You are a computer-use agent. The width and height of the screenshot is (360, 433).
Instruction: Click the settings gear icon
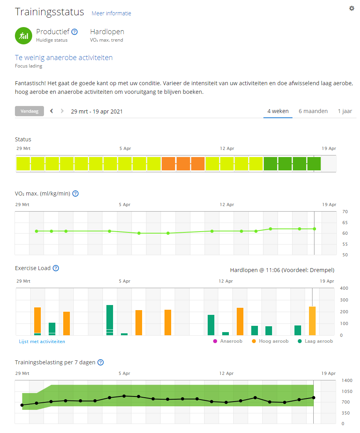[x=352, y=8]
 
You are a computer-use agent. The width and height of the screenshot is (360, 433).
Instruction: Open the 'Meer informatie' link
[x=111, y=13]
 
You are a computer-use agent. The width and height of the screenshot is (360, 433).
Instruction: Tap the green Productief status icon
[x=23, y=36]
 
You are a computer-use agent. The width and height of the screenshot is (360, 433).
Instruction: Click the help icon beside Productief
[x=74, y=32]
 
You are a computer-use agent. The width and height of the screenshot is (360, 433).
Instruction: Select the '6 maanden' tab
[x=313, y=111]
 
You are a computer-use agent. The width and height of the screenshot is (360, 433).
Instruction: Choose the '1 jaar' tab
[x=345, y=111]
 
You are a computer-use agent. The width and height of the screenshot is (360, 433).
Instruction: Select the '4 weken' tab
[x=278, y=111]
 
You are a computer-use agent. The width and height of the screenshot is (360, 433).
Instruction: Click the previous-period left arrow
[x=51, y=111]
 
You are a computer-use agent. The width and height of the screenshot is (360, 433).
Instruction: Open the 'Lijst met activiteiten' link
[x=42, y=342]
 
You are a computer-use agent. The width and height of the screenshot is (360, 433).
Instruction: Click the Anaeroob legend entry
[x=228, y=341]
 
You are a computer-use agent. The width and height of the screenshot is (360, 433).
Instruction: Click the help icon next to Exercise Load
[x=56, y=268]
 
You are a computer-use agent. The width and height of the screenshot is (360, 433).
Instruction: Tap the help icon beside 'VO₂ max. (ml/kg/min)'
[x=75, y=194]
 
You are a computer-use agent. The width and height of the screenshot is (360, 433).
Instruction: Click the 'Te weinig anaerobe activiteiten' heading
[x=64, y=58]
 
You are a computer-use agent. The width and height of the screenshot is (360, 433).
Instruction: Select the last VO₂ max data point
[x=314, y=229]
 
